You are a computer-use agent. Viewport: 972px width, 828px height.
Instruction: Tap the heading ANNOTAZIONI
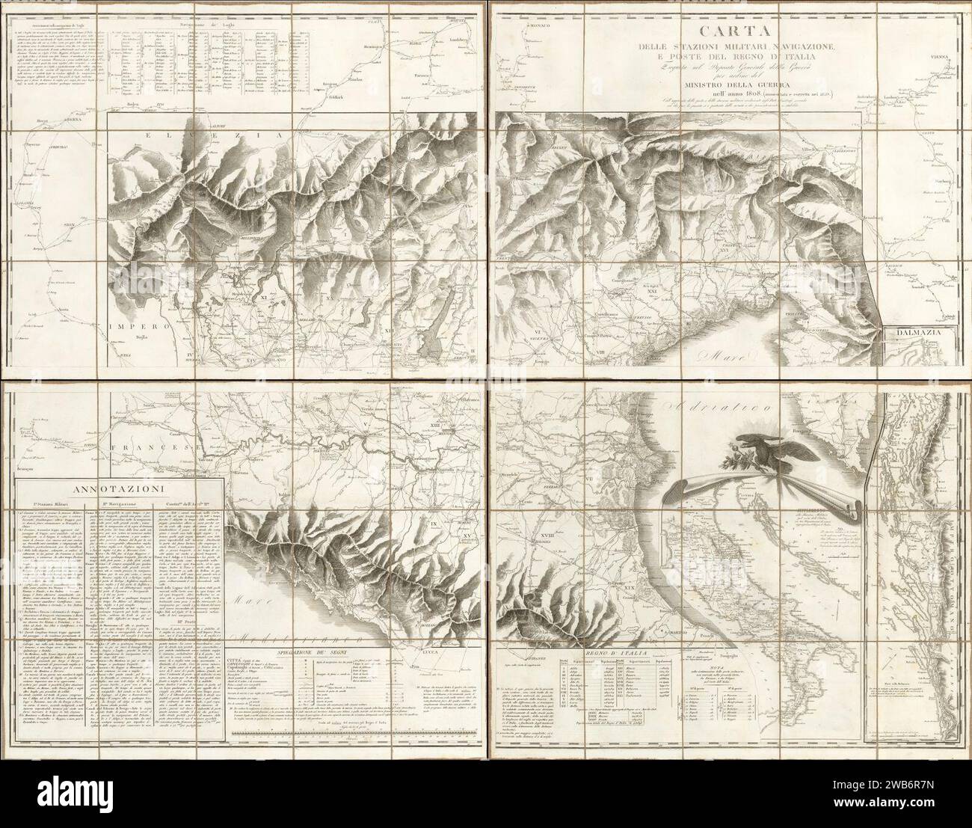tap(119, 491)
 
